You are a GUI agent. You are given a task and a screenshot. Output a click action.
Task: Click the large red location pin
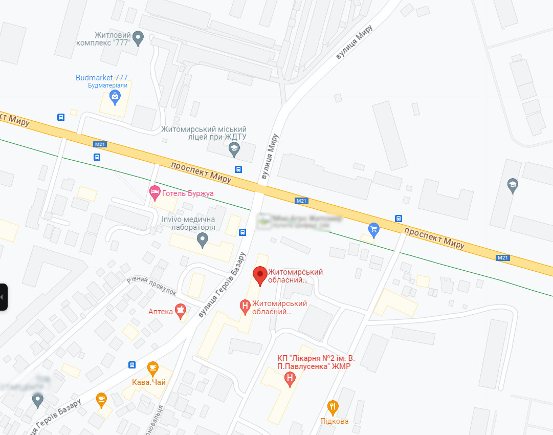click(260, 276)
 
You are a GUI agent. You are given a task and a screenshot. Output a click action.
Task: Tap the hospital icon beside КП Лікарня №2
click(290, 379)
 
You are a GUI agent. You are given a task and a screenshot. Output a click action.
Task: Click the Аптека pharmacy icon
click(180, 311)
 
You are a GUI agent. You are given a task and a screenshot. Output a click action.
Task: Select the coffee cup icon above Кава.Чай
click(152, 367)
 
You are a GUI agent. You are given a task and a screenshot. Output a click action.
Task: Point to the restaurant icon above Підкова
click(333, 407)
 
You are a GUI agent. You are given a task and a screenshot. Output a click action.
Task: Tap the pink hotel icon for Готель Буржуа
click(154, 193)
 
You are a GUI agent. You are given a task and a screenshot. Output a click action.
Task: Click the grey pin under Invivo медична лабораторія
click(203, 239)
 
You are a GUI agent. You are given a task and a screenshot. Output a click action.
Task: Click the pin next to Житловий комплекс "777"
click(138, 37)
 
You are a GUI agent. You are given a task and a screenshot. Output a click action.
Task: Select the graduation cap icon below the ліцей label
click(234, 149)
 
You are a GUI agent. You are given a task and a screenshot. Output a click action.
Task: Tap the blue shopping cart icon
click(374, 229)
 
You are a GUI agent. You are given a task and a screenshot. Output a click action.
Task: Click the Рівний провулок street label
click(151, 286)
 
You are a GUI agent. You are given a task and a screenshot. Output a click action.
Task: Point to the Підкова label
click(335, 421)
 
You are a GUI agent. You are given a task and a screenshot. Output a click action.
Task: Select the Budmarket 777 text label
click(101, 78)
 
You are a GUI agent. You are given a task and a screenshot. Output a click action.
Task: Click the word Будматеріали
click(107, 85)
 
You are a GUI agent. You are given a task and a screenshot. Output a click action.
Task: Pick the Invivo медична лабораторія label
click(188, 223)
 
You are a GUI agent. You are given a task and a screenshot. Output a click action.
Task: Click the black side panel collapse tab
click(4, 297)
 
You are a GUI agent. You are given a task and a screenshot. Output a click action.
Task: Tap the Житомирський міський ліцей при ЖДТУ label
click(204, 133)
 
